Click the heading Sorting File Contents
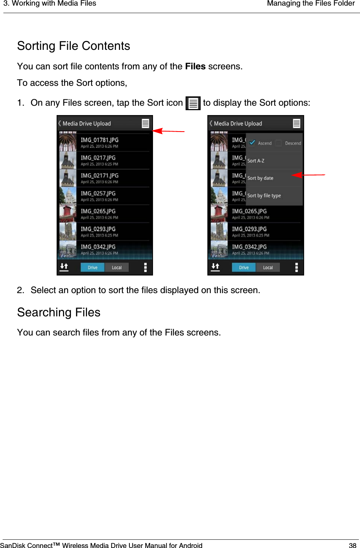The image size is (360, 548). [73, 46]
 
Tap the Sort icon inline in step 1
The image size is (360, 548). [193, 103]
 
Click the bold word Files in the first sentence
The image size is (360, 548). [195, 66]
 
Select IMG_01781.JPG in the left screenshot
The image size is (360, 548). [99, 142]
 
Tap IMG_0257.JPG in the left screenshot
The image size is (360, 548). [98, 196]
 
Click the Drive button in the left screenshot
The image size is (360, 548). [92, 267]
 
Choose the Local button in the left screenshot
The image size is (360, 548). [117, 267]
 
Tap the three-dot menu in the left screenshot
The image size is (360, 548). [145, 267]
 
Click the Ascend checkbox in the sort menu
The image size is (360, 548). [252, 143]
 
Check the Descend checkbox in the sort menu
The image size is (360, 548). [279, 143]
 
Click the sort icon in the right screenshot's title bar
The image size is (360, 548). [296, 123]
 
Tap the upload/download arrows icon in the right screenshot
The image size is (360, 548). [215, 267]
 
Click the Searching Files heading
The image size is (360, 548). [59, 312]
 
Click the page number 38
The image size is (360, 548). [352, 545]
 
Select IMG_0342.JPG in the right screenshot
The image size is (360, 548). [249, 249]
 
